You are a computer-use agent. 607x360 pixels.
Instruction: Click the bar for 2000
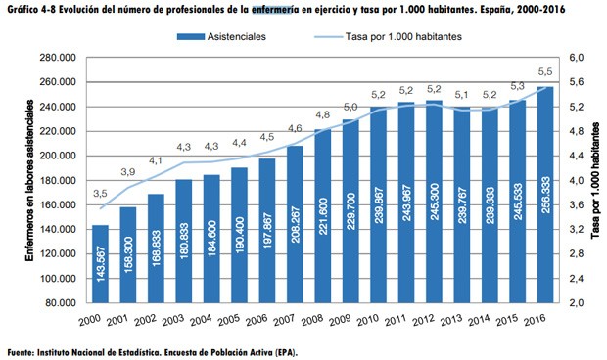(x=100, y=264)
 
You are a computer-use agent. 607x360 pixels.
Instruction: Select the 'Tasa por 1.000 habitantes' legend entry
(x=392, y=36)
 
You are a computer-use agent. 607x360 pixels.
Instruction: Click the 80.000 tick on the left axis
(x=62, y=303)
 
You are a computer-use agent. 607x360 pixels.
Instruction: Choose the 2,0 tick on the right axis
(x=575, y=303)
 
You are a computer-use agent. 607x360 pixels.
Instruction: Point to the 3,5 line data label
(x=100, y=194)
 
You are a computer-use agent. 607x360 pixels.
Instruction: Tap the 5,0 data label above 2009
(x=350, y=107)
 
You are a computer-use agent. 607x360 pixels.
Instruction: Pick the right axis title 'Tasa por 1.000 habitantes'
(x=594, y=181)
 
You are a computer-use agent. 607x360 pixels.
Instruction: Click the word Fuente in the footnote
(x=23, y=349)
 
